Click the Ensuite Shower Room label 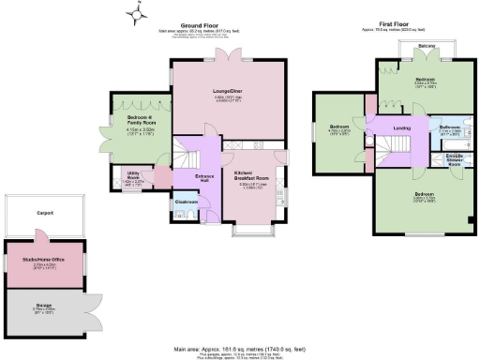pos(457,157)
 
